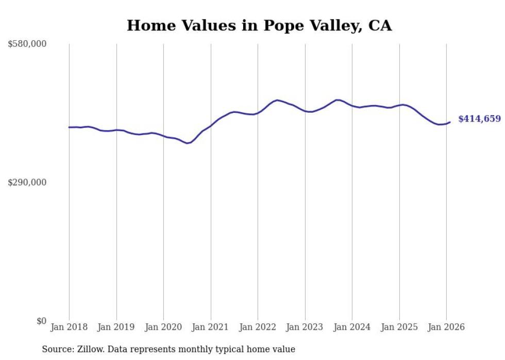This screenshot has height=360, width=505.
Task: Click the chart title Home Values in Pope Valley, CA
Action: tap(259, 26)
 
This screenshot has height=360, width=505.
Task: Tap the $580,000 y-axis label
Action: tap(27, 44)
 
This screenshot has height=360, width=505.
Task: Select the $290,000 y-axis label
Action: tap(27, 182)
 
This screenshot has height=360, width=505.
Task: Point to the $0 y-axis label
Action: tap(41, 321)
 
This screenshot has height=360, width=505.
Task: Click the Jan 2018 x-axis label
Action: tap(69, 327)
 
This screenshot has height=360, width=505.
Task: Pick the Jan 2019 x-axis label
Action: tap(116, 327)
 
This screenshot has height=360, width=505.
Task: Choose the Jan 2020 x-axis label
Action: tap(163, 327)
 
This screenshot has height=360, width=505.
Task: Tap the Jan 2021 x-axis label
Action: tap(211, 327)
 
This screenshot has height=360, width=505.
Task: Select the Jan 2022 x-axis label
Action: tap(258, 327)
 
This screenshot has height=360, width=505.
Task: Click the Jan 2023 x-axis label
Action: tap(305, 327)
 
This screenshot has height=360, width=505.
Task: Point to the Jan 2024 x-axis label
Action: tap(352, 327)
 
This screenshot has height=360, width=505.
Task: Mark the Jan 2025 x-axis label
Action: tap(399, 327)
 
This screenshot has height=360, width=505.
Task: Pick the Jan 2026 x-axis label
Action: tap(446, 327)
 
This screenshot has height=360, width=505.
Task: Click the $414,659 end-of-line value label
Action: tap(479, 119)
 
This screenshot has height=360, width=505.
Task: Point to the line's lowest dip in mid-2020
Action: tap(188, 143)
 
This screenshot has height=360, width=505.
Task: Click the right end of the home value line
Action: tap(450, 122)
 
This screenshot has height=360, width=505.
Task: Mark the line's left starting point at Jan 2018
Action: tap(69, 127)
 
